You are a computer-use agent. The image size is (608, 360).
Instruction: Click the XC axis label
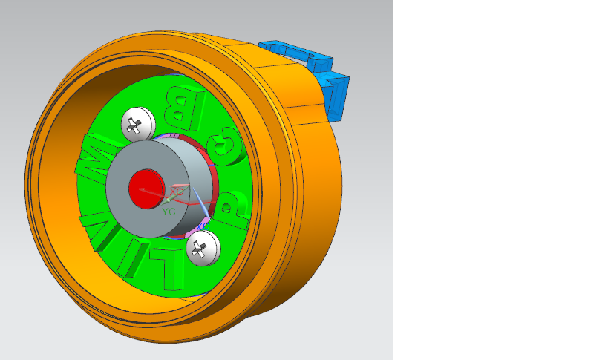pos(176,192)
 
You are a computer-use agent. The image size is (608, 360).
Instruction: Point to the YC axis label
pos(169,212)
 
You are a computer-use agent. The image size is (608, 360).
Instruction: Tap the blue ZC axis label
pos(203,223)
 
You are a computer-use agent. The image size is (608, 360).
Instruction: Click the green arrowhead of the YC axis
pos(169,199)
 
